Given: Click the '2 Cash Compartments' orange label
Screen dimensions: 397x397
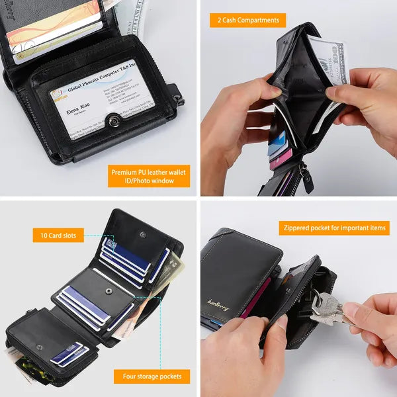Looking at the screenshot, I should point(248,21).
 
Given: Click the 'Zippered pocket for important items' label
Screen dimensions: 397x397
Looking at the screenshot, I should point(333,228).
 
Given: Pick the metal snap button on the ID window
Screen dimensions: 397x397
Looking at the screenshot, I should point(112,121).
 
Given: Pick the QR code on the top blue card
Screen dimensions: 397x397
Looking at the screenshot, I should point(110,246).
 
